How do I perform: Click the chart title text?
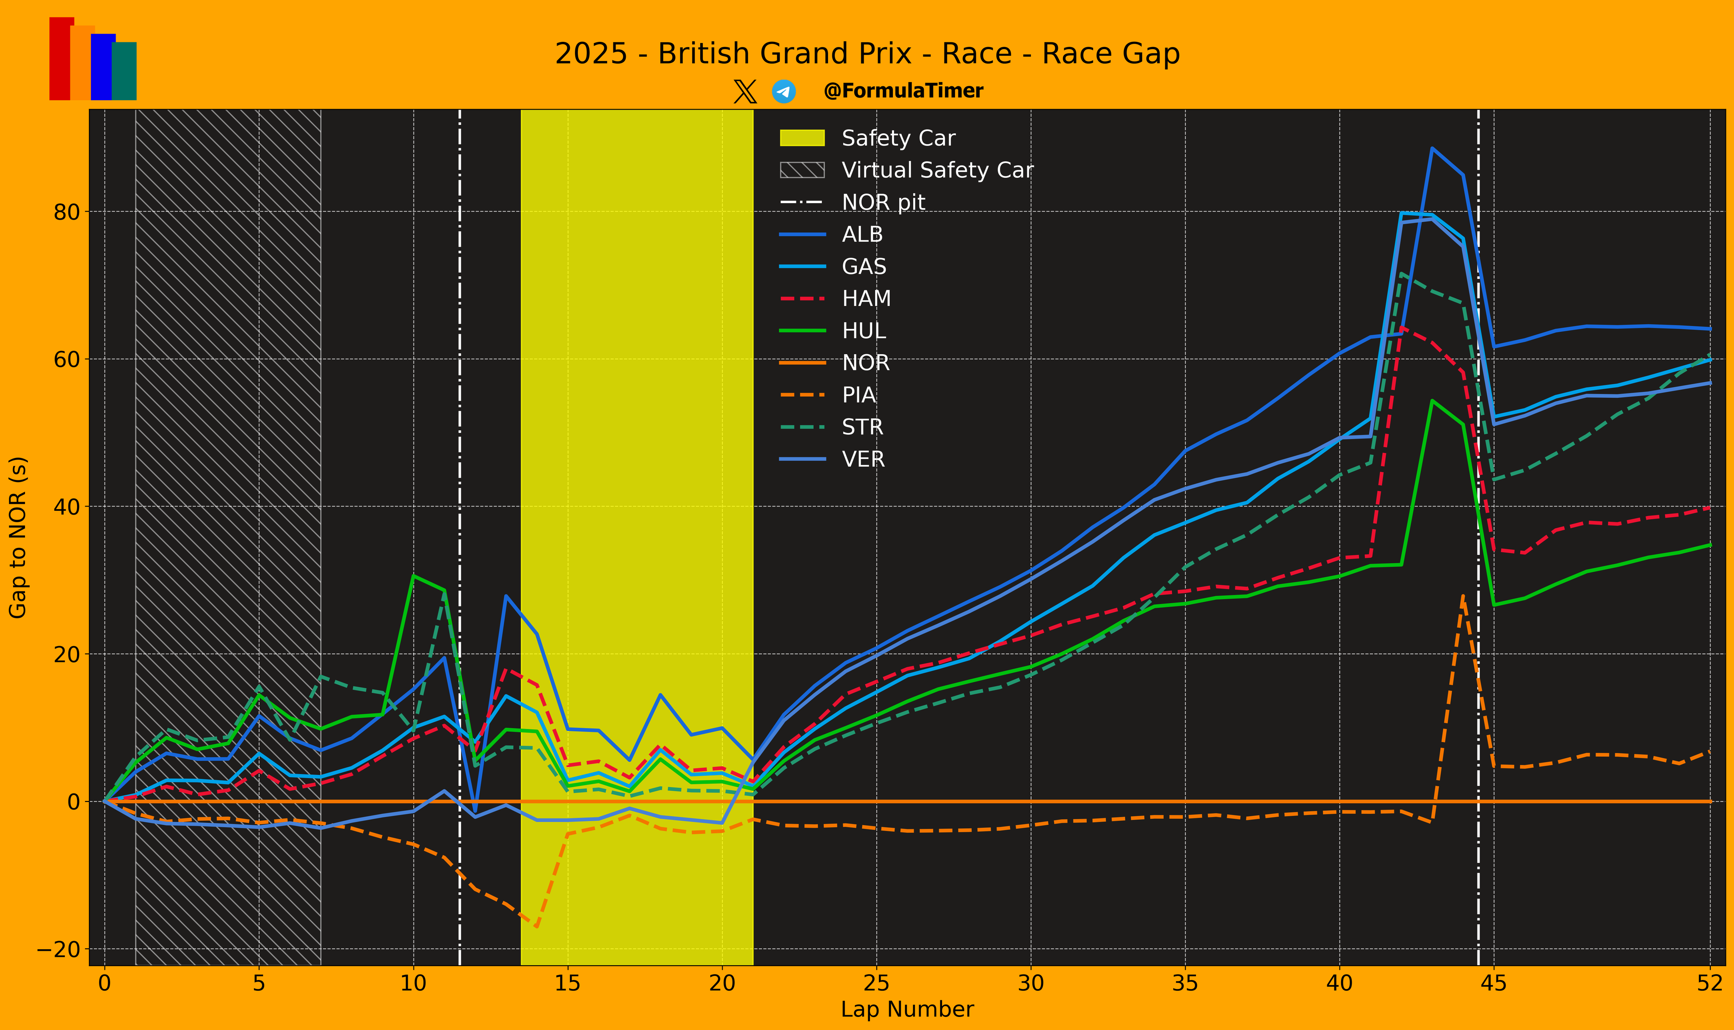tap(867, 53)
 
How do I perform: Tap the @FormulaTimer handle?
tap(903, 91)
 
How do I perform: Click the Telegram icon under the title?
tap(784, 92)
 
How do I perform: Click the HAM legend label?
tap(866, 298)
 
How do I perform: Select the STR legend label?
tap(862, 427)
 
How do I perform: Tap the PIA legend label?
tap(859, 395)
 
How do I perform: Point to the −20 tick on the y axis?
tap(58, 950)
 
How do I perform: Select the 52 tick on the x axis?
tap(1710, 983)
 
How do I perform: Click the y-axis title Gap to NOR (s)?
tap(18, 537)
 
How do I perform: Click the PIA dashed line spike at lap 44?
tap(1463, 595)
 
